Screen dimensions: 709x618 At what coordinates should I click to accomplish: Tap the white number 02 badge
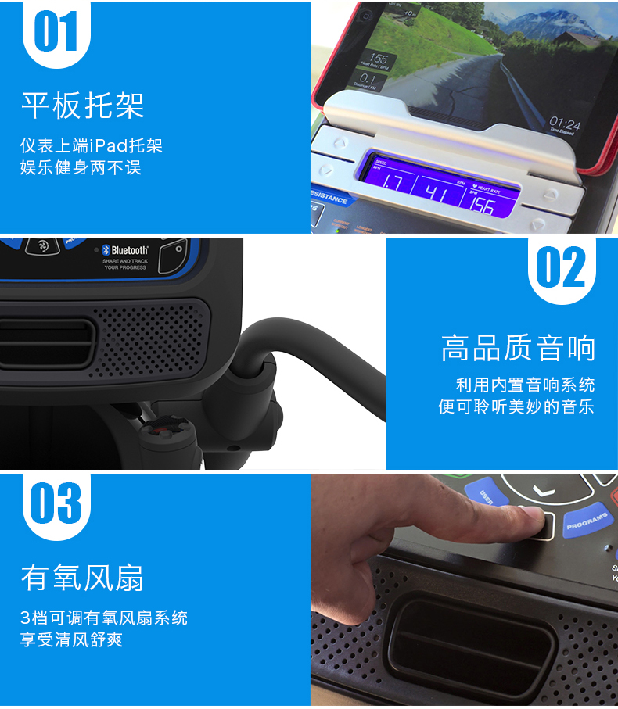(560, 267)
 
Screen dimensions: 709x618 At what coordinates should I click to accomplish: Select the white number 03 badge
(56, 504)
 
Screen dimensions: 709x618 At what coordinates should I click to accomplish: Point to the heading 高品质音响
(518, 349)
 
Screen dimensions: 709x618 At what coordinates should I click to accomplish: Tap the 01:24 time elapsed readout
(564, 124)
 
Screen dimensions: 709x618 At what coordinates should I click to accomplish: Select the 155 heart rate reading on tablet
(378, 59)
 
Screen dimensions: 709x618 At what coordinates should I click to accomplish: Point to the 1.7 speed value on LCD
(393, 184)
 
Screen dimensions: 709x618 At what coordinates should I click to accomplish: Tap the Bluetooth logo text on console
(129, 251)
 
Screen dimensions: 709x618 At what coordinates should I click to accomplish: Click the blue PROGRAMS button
(587, 521)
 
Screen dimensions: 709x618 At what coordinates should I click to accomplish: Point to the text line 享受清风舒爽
(71, 639)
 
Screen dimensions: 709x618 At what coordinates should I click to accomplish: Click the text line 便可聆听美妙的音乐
(516, 406)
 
